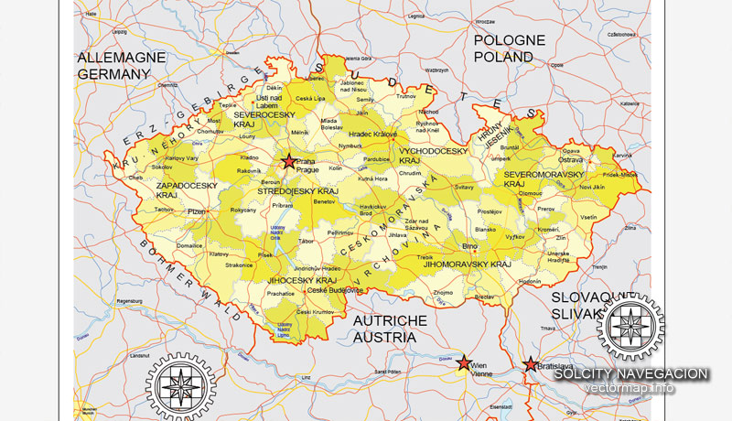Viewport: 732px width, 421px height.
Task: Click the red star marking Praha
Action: point(289,162)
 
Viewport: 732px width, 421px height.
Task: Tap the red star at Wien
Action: point(464,362)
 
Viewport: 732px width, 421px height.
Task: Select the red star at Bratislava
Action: point(531,364)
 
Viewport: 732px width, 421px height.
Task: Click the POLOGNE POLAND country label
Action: point(509,49)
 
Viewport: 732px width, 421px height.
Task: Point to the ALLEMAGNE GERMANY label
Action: point(121,64)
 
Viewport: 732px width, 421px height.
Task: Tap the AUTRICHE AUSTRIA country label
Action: point(384,329)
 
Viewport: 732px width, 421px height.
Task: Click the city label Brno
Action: point(470,247)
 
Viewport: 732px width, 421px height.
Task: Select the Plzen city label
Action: point(196,211)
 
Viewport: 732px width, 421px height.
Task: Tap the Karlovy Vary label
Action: point(183,158)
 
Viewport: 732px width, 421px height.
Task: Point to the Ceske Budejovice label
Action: point(335,289)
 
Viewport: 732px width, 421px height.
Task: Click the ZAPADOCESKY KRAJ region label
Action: point(187,190)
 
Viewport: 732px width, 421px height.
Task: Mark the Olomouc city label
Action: point(532,194)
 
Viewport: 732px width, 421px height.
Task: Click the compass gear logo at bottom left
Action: point(181,383)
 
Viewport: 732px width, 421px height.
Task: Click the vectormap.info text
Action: point(630,388)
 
